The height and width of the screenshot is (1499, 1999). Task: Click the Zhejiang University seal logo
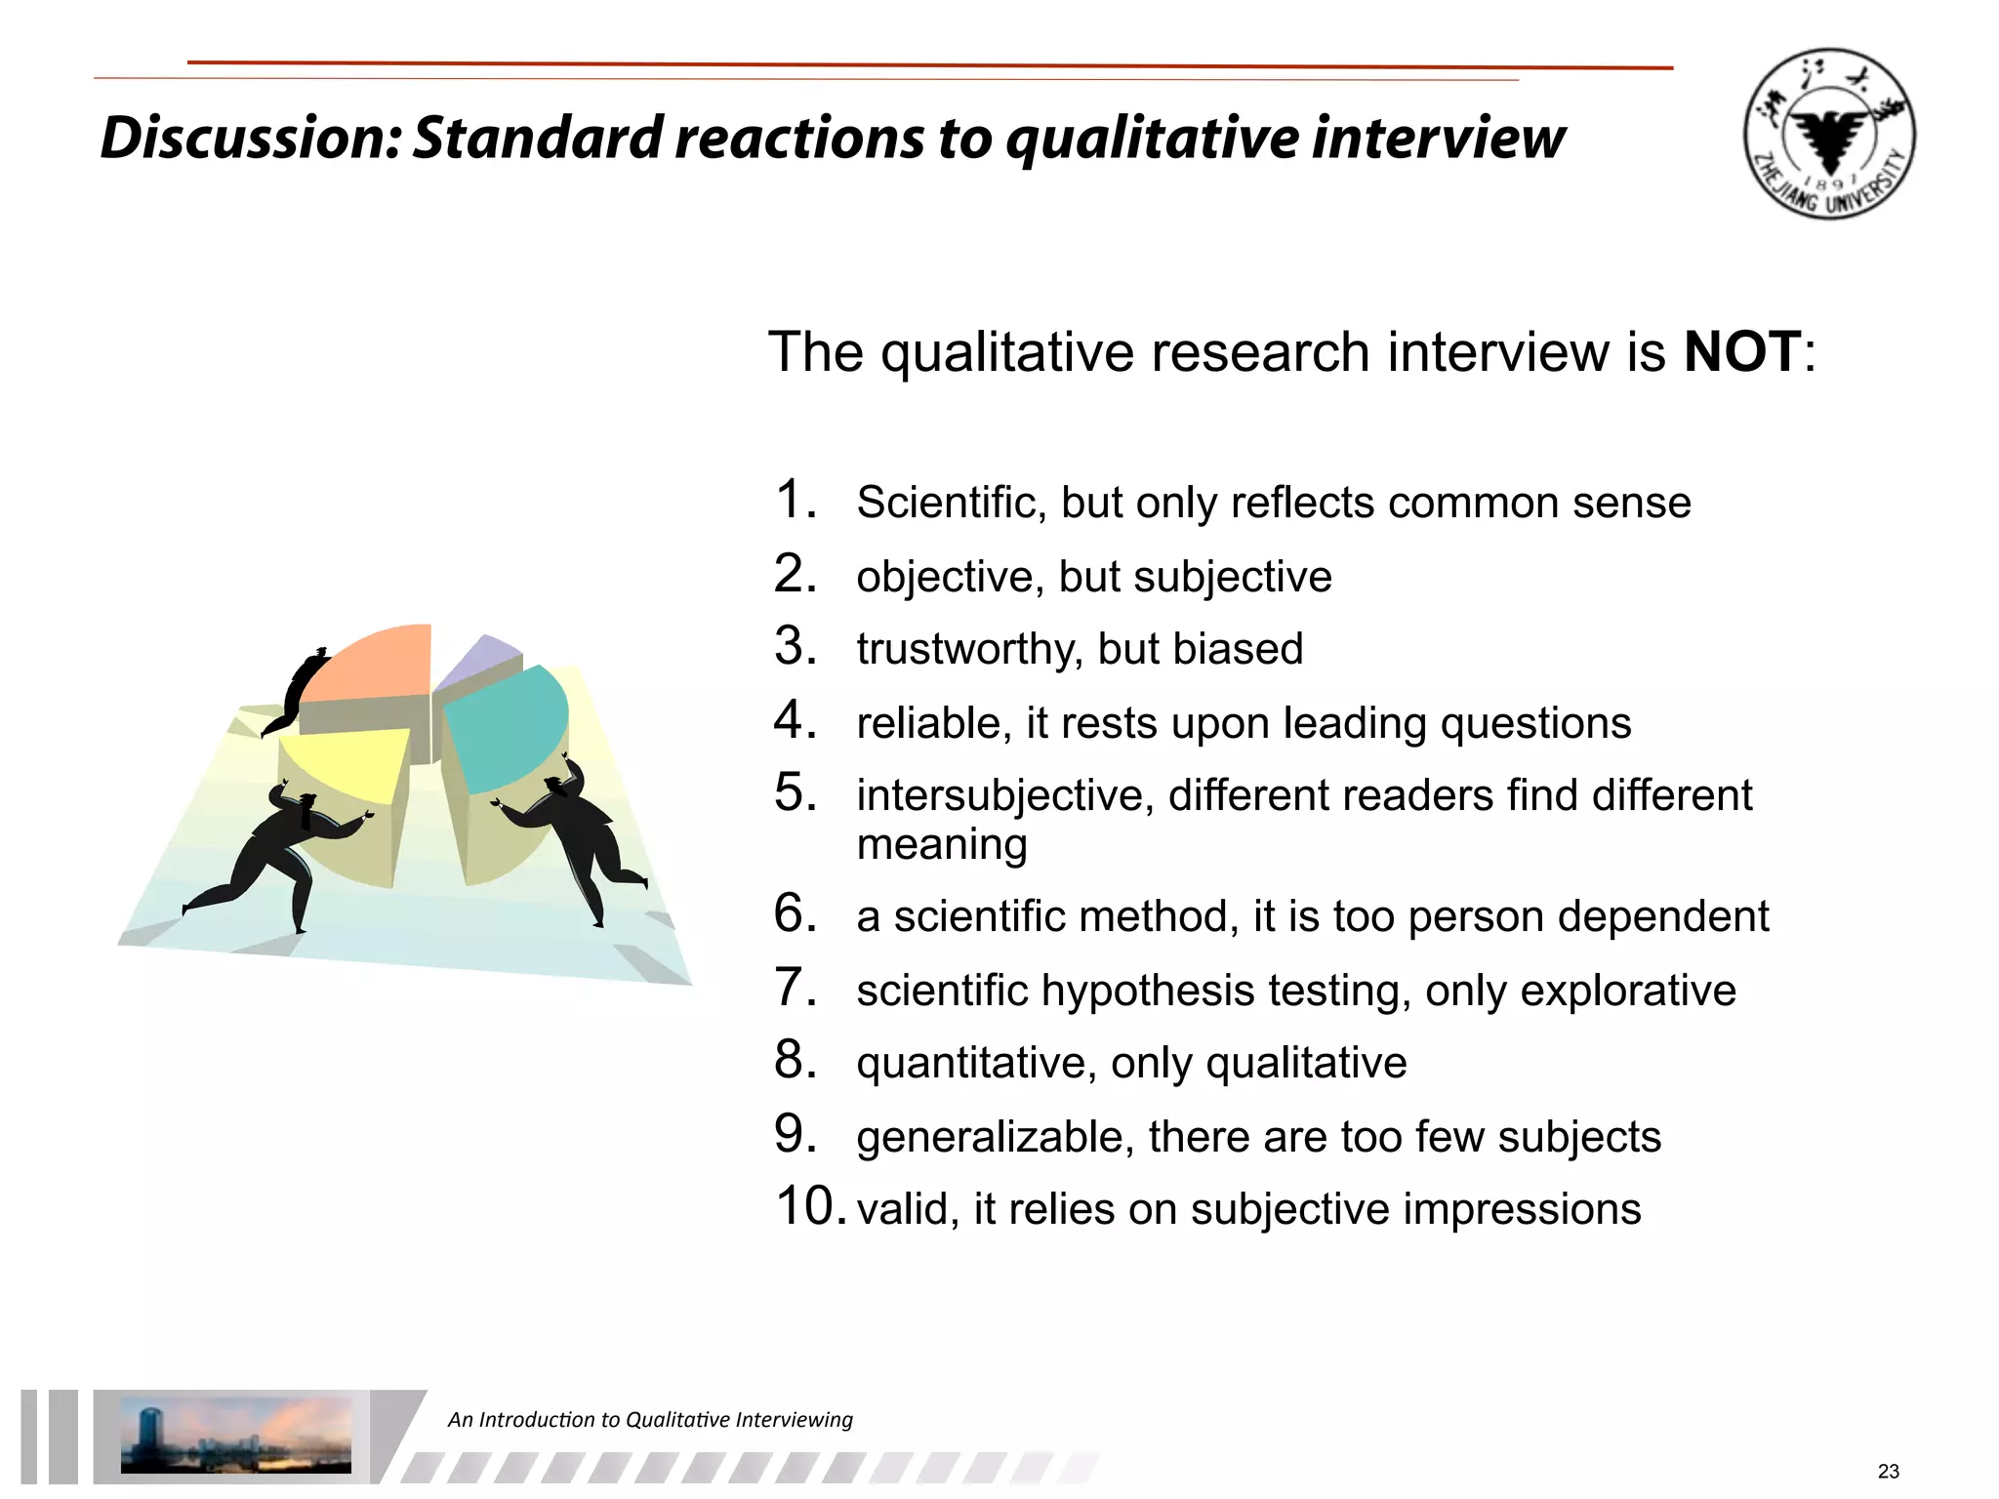[x=1829, y=134]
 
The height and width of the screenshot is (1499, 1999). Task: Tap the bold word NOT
[x=1742, y=351]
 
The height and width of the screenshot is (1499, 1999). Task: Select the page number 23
[x=1888, y=1471]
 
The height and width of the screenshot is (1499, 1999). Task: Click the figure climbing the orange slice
[x=298, y=688]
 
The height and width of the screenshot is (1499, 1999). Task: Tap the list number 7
[x=795, y=987]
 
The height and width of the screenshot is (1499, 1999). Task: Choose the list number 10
[x=809, y=1206]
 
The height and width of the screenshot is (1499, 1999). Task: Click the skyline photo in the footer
[x=235, y=1435]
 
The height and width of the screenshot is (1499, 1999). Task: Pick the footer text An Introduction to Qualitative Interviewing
[x=650, y=1419]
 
